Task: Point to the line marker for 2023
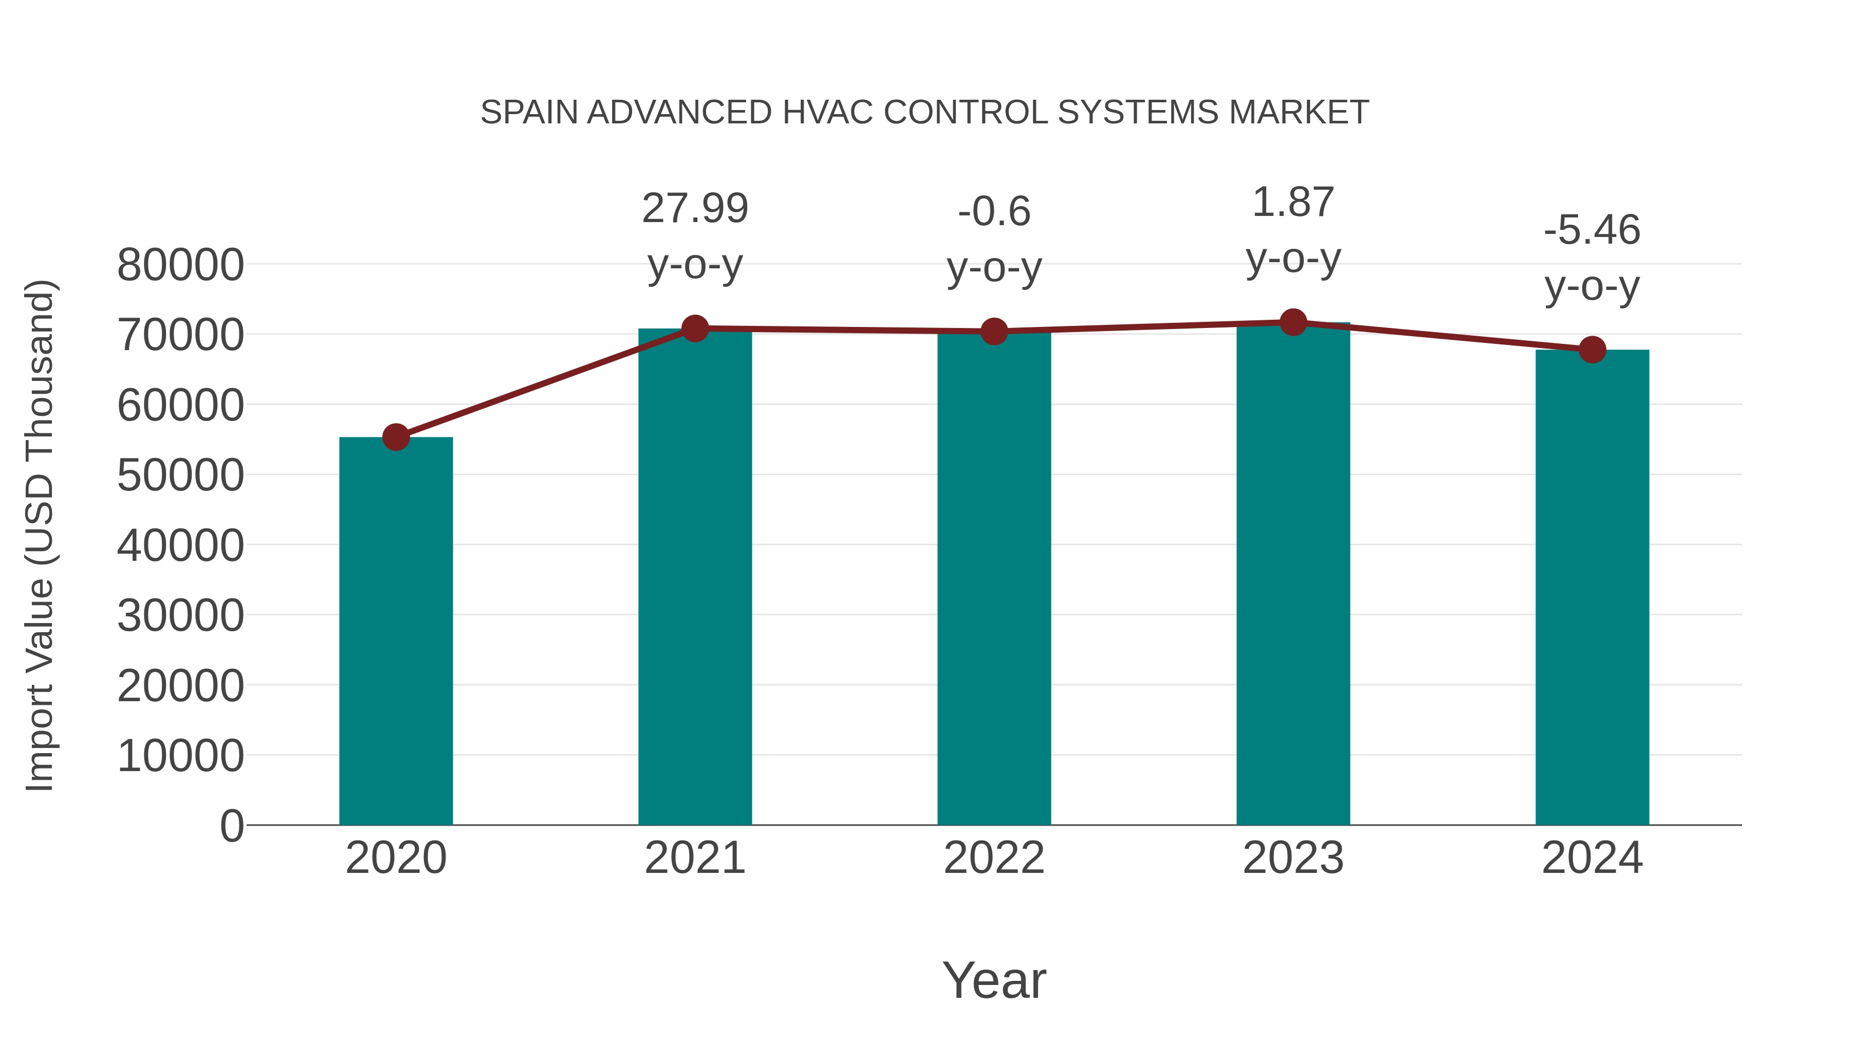coord(1293,322)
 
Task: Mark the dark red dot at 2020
coord(396,437)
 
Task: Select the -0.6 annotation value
coord(994,211)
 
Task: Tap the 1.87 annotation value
coord(1293,202)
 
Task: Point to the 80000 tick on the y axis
coord(180,265)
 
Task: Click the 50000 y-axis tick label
coord(180,476)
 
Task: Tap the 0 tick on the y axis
coord(232,826)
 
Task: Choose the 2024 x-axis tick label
coord(1592,858)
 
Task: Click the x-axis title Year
coord(994,980)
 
